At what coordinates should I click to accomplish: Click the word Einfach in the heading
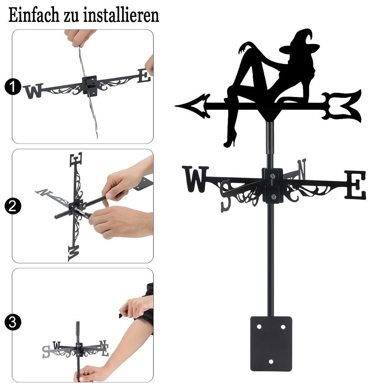34,15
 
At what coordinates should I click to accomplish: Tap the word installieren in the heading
121,15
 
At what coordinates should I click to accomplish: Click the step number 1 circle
13,87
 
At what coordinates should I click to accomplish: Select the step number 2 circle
13,206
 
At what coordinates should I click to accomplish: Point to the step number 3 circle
13,322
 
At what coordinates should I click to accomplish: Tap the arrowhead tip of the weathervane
175,106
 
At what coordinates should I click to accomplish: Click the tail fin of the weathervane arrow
342,106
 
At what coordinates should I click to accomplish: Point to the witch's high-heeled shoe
230,141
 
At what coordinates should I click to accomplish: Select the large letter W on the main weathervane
195,179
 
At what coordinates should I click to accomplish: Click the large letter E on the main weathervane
355,185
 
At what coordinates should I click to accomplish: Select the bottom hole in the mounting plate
271,362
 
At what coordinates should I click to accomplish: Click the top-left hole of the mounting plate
259,327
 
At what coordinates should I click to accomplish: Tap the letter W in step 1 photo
33,91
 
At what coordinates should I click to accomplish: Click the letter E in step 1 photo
144,76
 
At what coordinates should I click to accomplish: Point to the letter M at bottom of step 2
74,253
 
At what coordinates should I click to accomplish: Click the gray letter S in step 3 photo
46,352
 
